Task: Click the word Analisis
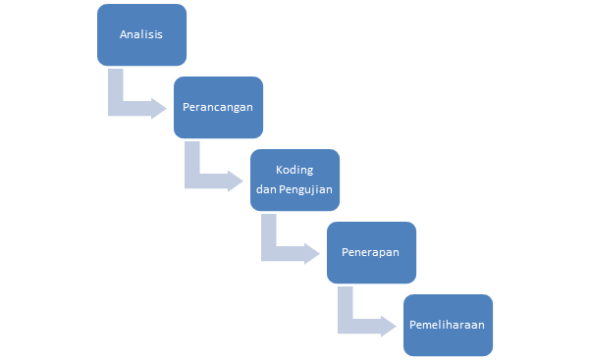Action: [141, 34]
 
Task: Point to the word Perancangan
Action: [218, 106]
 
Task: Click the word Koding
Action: [294, 170]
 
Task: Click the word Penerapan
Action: [371, 251]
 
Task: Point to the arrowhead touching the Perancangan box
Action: [158, 107]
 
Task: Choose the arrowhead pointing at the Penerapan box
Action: [312, 251]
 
